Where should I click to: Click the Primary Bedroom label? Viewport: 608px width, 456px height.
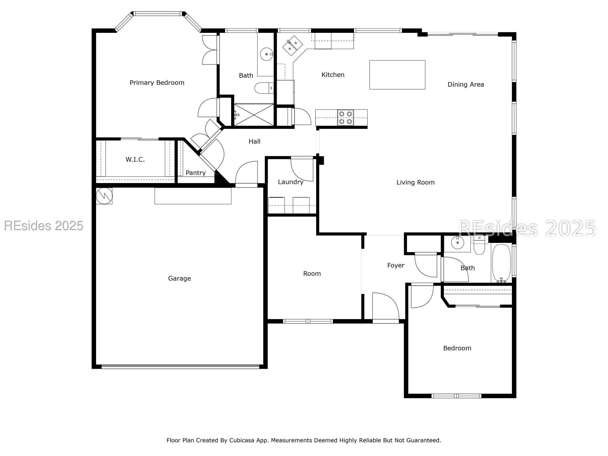(157, 83)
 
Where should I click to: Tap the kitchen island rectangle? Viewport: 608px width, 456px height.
(397, 75)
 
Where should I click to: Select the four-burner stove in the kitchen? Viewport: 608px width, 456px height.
(345, 118)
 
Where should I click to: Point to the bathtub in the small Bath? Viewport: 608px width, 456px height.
(501, 263)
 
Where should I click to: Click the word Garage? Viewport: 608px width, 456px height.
(179, 278)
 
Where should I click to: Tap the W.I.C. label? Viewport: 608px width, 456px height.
(135, 160)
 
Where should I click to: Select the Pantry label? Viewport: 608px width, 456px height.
(195, 173)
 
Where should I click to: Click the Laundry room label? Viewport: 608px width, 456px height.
(290, 182)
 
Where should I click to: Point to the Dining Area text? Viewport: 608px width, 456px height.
(465, 85)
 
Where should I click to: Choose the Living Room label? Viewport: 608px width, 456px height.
(415, 182)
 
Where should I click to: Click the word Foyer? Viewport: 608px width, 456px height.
(396, 265)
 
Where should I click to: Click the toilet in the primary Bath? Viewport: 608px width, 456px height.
(264, 88)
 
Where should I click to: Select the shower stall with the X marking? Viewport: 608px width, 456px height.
(254, 115)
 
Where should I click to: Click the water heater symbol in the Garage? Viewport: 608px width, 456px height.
(104, 196)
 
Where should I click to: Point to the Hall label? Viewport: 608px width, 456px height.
(254, 141)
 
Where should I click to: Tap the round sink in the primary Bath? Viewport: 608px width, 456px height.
(267, 54)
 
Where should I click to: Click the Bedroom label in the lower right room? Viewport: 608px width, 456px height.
(457, 348)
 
